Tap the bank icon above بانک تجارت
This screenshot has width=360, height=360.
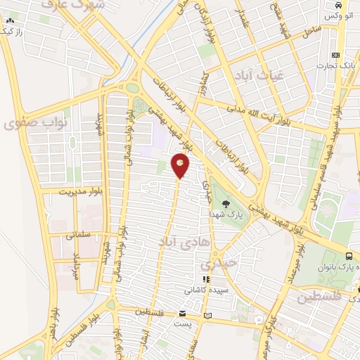(336, 55)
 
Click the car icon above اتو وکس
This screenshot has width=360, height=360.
(336, 5)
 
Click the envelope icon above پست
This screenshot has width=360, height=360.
(183, 313)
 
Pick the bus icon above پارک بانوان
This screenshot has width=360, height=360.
(349, 255)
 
